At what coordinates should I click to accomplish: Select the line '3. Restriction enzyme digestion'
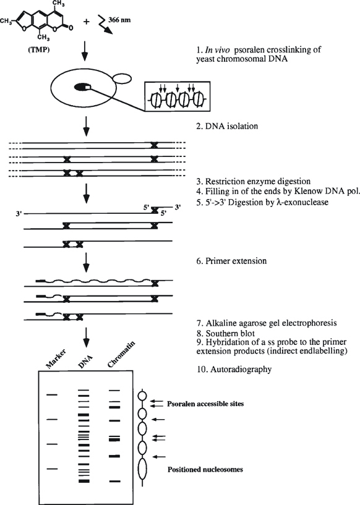(x=253, y=182)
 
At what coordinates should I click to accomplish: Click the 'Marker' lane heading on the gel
(x=48, y=359)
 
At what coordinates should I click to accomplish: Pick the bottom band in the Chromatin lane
(x=113, y=480)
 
